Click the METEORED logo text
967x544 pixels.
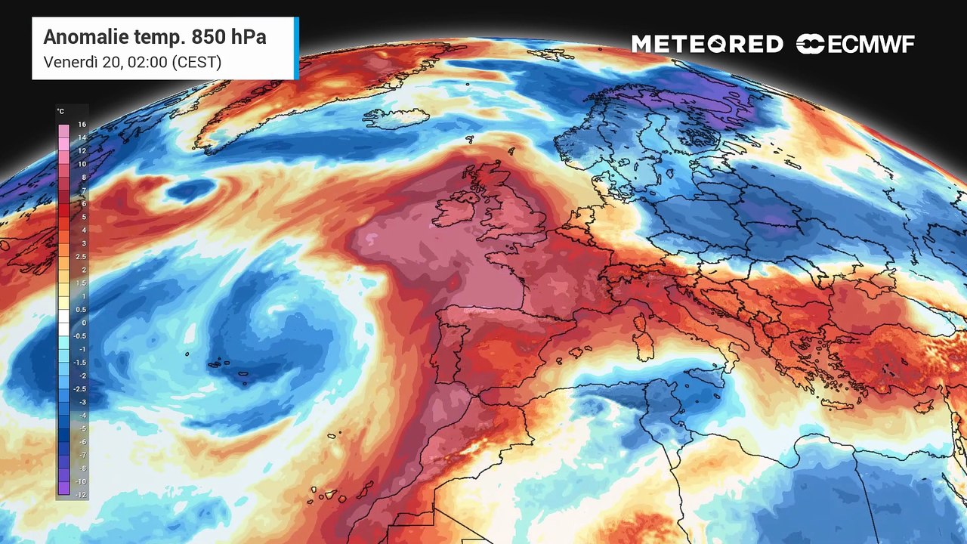(x=707, y=45)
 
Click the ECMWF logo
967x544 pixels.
(x=855, y=45)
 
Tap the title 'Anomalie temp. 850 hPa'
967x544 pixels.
(x=155, y=37)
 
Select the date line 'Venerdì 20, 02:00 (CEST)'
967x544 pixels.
(x=132, y=62)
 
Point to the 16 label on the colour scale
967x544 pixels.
(x=82, y=125)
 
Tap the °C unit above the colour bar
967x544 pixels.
(x=60, y=112)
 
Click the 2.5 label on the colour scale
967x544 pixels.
(x=82, y=257)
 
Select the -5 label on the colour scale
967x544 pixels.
(x=82, y=428)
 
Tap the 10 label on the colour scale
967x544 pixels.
(x=82, y=164)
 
